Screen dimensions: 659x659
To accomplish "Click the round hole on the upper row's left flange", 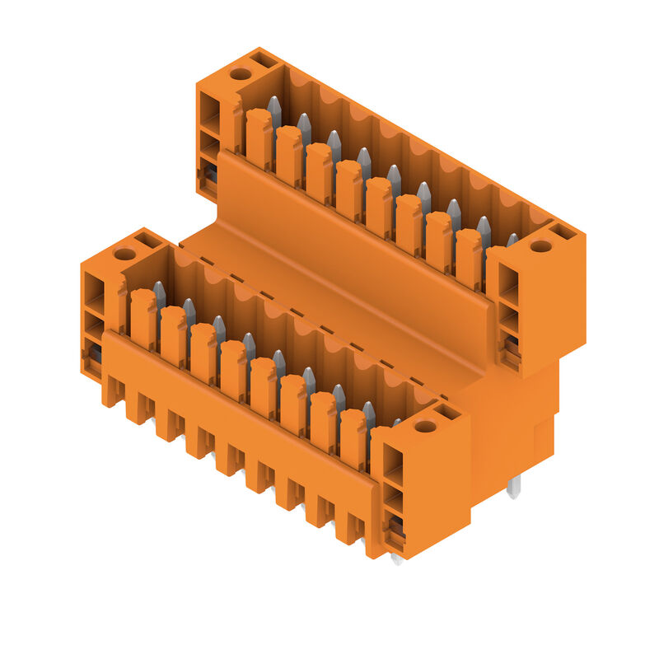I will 240,74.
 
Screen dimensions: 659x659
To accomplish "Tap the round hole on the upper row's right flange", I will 541,246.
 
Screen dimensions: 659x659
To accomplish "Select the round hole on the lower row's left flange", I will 124,254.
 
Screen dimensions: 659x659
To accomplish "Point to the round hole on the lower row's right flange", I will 425,426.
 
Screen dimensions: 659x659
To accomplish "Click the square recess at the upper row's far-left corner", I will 264,59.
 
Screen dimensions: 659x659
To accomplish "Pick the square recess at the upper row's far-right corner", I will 563,231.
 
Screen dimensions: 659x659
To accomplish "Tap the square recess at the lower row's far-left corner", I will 148,239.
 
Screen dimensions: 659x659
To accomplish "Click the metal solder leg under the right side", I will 513,488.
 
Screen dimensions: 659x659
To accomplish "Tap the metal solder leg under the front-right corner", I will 396,559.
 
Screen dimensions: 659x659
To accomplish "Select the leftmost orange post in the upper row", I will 258,136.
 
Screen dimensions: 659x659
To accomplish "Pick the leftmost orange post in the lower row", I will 143,317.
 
